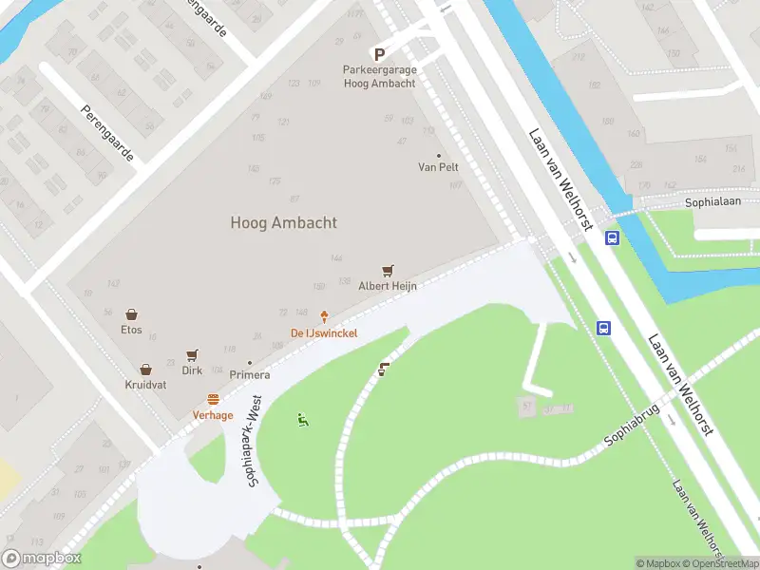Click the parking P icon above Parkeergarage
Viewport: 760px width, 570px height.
click(x=379, y=55)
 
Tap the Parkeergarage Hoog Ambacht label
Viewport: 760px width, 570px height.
click(x=379, y=77)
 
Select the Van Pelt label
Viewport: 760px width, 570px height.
click(x=438, y=167)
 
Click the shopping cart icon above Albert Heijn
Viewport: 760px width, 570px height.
click(x=388, y=272)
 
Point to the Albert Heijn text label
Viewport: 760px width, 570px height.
click(x=388, y=286)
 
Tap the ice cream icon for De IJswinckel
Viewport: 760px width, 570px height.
click(x=324, y=316)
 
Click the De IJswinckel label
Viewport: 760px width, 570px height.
click(x=324, y=332)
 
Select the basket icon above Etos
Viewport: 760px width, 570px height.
click(x=131, y=314)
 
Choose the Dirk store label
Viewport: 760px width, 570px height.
click(x=192, y=370)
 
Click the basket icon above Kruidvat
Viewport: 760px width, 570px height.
click(x=145, y=370)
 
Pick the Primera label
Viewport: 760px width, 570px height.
click(x=249, y=375)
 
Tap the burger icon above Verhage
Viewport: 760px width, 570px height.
click(x=213, y=400)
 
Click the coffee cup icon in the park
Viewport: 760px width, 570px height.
click(x=384, y=370)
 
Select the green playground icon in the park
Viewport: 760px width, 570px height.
click(x=303, y=420)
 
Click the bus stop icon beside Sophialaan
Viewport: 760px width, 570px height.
click(x=613, y=238)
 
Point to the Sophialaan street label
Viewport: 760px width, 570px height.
click(x=712, y=203)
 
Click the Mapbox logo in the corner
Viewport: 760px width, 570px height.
click(x=42, y=559)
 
